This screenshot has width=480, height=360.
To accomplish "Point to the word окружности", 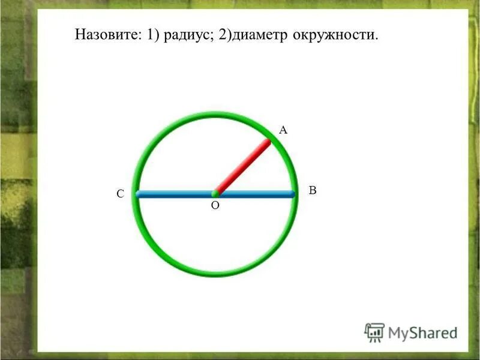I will pyautogui.click(x=336, y=35).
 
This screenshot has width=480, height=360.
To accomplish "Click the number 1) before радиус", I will pyautogui.click(x=149, y=35).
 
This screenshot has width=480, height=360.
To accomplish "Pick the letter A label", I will pyautogui.click(x=284, y=129).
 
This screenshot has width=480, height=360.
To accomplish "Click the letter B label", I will pyautogui.click(x=312, y=190).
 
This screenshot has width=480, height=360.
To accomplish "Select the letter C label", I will pyautogui.click(x=120, y=194).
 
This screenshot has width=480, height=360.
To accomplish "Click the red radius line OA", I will pyautogui.click(x=243, y=167).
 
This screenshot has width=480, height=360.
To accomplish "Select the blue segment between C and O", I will pyautogui.click(x=175, y=194).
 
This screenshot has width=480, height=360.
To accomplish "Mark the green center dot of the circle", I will pyautogui.click(x=215, y=194).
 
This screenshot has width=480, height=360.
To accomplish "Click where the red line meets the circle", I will pyautogui.click(x=269, y=142).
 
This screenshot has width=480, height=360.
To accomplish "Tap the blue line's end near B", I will pyautogui.click(x=293, y=194).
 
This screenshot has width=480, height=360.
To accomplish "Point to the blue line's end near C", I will pyautogui.click(x=138, y=194).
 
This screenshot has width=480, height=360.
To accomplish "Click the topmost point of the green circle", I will pyautogui.click(x=215, y=114).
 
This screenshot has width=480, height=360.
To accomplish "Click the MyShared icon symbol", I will pyautogui.click(x=374, y=332).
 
